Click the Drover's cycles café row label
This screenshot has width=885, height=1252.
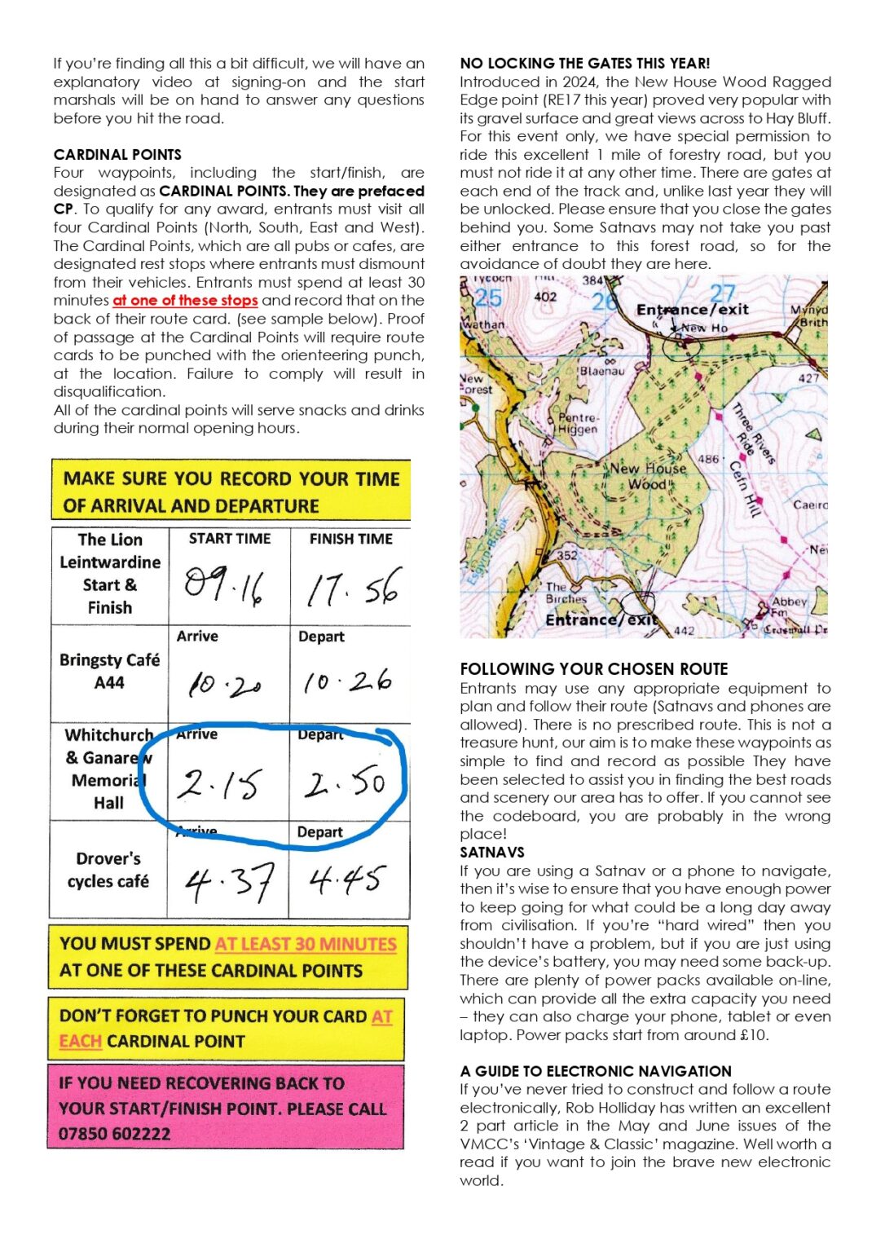108,870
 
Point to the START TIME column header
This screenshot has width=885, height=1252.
230,539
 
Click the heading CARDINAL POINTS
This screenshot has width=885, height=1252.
117,155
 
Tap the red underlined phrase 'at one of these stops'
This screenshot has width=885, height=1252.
185,301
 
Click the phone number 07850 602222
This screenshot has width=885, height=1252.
114,1134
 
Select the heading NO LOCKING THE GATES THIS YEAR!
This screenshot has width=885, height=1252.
584,64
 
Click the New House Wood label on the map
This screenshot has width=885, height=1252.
648,476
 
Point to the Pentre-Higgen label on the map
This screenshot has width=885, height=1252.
578,423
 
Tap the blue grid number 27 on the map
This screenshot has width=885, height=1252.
722,293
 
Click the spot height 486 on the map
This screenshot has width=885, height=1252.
708,459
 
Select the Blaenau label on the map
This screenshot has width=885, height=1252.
602,371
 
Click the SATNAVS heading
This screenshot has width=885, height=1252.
492,853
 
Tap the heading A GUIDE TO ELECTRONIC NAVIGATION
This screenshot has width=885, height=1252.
596,1071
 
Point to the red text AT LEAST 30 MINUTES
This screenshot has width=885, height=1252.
306,944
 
